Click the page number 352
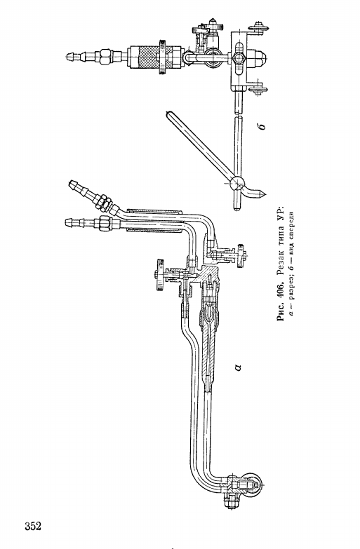(x=33, y=526)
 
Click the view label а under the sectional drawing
(x=238, y=367)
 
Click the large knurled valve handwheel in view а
(x=160, y=275)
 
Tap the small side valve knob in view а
(x=241, y=255)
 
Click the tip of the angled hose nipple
(x=71, y=182)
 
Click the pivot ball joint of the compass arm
(x=236, y=182)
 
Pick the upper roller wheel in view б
(x=258, y=28)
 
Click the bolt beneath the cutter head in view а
(x=230, y=501)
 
